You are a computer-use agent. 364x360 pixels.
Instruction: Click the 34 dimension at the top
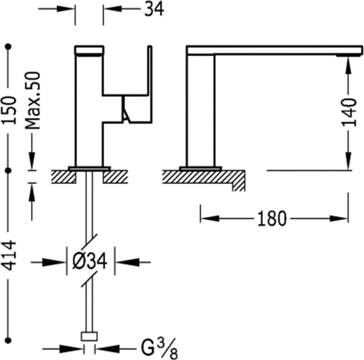click(x=154, y=9)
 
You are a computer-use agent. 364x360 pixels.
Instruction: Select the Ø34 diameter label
click(x=90, y=262)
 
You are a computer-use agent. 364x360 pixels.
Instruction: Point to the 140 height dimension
click(x=349, y=112)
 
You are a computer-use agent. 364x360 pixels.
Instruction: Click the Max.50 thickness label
click(x=33, y=100)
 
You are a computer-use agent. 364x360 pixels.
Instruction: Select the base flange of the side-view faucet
click(x=201, y=168)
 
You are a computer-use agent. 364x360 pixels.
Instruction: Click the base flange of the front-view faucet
click(x=89, y=168)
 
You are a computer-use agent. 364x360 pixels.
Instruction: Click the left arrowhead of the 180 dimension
click(x=206, y=219)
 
